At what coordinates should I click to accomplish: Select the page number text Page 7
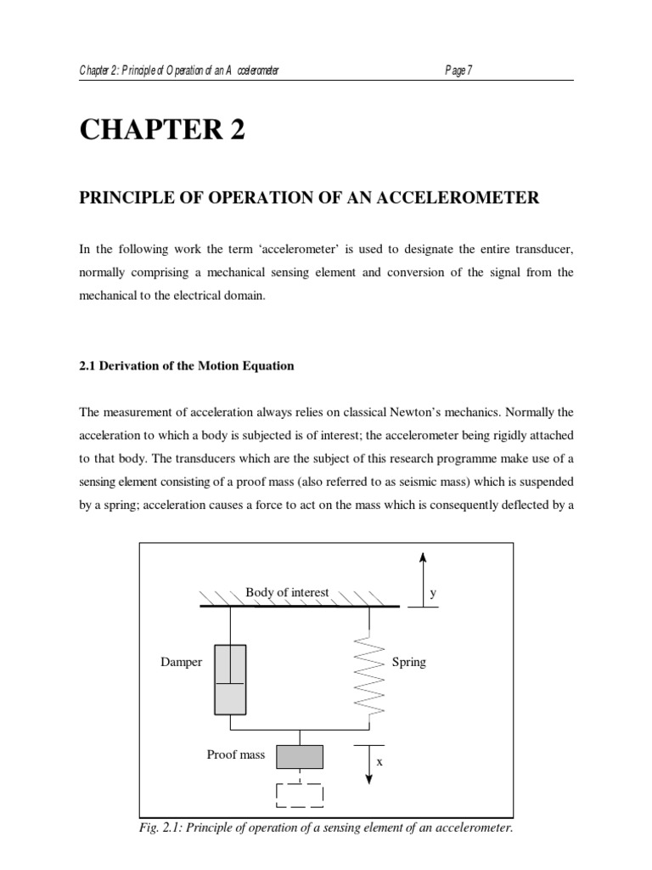click(458, 71)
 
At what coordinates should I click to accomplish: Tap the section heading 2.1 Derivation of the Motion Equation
click(187, 366)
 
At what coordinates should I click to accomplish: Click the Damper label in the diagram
click(182, 662)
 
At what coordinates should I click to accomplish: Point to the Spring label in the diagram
click(408, 662)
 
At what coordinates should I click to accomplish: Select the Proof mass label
click(236, 754)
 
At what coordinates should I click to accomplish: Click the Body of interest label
click(287, 592)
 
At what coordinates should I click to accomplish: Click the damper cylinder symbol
click(230, 680)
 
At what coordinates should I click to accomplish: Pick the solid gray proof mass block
click(300, 755)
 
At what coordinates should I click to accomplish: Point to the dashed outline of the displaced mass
click(300, 794)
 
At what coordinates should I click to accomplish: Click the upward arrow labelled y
click(422, 578)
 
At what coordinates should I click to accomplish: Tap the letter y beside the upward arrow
click(432, 594)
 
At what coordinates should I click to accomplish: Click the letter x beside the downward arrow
click(380, 762)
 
